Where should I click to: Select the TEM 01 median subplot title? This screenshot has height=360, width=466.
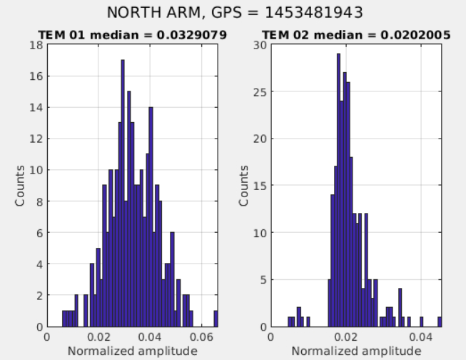point(133,34)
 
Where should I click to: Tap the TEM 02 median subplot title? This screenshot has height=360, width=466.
point(351,34)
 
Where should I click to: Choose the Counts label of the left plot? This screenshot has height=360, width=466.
point(21,186)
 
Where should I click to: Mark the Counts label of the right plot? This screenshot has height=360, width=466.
point(244,186)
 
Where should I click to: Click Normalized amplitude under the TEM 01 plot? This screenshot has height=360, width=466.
point(132,351)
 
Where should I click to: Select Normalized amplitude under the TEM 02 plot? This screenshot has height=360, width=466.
point(355,351)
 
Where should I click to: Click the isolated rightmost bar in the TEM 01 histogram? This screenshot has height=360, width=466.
point(216,319)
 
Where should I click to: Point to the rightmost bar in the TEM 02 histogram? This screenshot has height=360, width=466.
point(440,322)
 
